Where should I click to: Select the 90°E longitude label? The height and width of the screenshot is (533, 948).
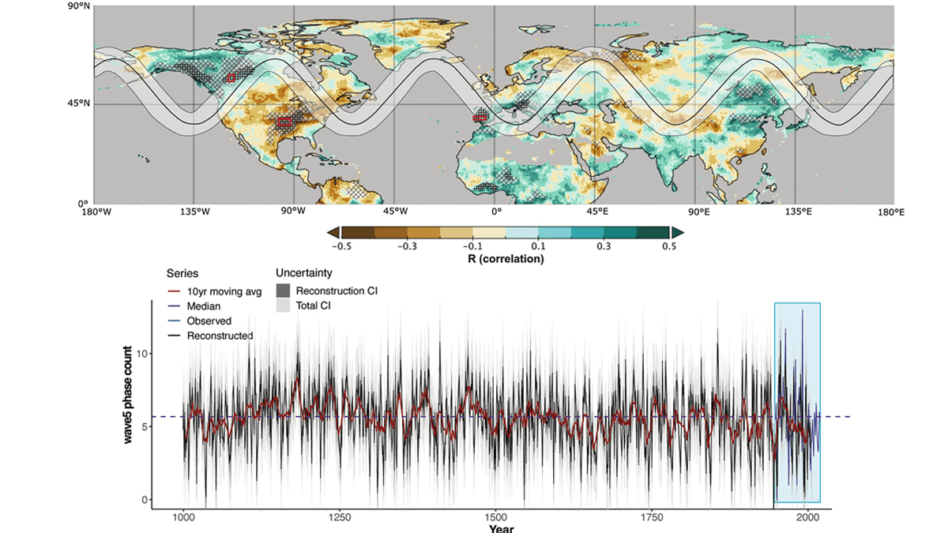coord(698,212)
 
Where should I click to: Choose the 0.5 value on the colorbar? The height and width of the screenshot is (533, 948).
coord(668,246)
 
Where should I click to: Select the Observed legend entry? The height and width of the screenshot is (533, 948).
coord(209,321)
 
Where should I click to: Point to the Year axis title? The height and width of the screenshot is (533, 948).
coord(502,528)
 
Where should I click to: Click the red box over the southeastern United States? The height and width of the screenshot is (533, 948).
coord(284,122)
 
